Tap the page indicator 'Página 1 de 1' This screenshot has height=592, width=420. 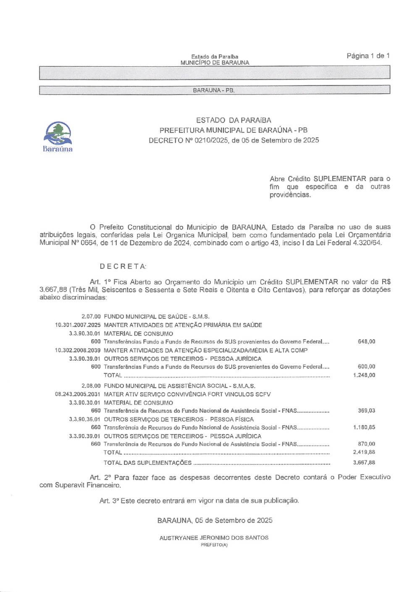368,56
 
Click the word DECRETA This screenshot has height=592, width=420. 123,267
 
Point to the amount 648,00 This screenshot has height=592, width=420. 366,342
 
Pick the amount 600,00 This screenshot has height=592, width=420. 366,367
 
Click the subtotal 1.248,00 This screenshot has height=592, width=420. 364,375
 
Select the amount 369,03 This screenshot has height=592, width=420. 366,411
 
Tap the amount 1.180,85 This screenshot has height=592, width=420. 364,427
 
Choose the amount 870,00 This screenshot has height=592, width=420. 366,444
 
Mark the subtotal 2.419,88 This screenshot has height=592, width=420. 364,452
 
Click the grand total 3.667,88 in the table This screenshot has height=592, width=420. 364,463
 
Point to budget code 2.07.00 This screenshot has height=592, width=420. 91,317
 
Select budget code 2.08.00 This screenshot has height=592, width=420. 91,386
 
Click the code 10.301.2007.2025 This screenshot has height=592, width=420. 78,325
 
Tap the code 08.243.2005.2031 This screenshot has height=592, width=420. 78,394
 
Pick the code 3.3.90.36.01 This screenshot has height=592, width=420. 85,419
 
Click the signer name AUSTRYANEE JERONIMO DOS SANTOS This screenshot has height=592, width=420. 214,538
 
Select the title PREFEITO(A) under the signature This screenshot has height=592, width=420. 214,545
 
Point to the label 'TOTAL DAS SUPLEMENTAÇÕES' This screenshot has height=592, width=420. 147,463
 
